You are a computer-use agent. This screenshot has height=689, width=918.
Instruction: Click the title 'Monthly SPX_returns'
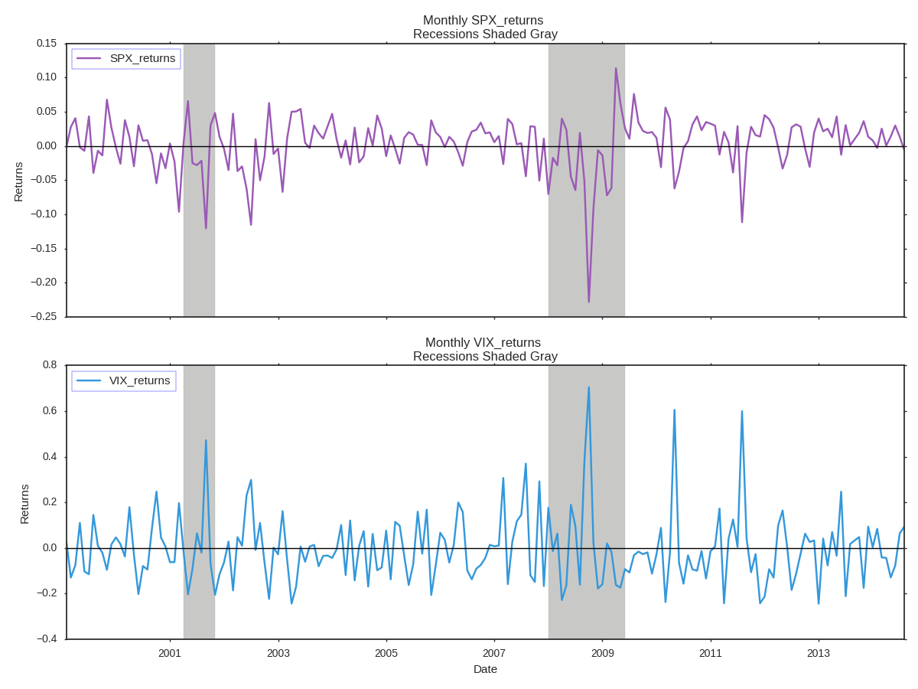(x=483, y=21)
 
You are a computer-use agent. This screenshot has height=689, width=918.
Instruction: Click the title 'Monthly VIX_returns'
(x=483, y=343)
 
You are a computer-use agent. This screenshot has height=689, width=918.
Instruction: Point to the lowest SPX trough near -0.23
(x=588, y=301)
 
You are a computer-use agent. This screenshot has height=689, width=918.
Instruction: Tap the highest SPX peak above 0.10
(x=616, y=69)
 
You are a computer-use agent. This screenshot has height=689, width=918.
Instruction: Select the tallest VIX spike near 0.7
(x=588, y=387)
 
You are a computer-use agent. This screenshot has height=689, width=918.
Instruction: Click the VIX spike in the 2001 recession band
(x=206, y=440)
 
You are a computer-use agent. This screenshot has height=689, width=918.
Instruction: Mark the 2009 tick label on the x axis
(x=602, y=653)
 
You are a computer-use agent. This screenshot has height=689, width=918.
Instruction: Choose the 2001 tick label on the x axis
(x=170, y=653)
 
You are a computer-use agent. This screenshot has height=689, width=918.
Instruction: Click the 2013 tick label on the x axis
(x=818, y=653)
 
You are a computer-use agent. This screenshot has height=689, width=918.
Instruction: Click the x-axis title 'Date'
(x=485, y=669)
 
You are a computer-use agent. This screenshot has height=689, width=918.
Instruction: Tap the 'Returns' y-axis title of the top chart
(x=18, y=181)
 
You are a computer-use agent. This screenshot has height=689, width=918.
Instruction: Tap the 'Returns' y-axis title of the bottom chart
(x=24, y=504)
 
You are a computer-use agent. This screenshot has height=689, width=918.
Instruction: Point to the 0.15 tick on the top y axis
(x=47, y=44)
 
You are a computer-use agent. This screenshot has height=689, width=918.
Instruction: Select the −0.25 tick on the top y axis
(x=44, y=317)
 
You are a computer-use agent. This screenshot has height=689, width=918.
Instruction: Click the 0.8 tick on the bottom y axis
(x=50, y=365)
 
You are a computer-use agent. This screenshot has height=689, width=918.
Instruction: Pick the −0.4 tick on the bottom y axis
(x=47, y=639)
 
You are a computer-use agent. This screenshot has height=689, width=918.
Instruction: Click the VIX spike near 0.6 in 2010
(x=674, y=410)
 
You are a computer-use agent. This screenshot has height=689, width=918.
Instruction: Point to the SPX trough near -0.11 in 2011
(x=741, y=222)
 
